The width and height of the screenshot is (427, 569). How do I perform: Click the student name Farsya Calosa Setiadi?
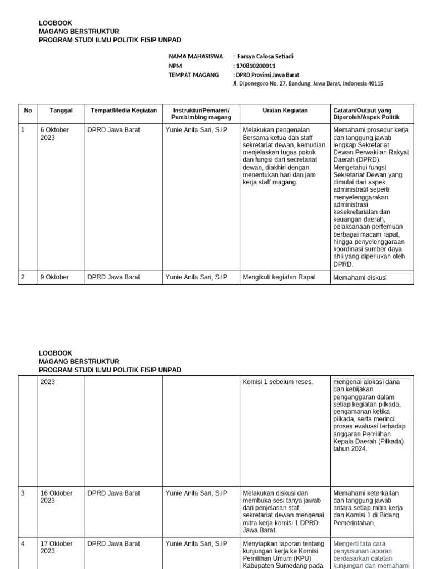pyautogui.click(x=264, y=57)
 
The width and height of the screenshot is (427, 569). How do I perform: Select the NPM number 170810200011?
pyautogui.click(x=254, y=66)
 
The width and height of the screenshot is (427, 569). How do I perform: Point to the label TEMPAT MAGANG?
pyautogui.click(x=194, y=74)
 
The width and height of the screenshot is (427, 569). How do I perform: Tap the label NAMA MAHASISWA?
pyautogui.click(x=196, y=57)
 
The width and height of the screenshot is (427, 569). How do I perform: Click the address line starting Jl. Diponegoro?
pyautogui.click(x=307, y=83)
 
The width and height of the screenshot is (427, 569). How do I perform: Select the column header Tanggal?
pyautogui.click(x=61, y=111)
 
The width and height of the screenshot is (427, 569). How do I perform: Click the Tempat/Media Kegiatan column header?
pyautogui.click(x=123, y=111)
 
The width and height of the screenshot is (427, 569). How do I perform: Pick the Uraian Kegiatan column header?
pyautogui.click(x=285, y=111)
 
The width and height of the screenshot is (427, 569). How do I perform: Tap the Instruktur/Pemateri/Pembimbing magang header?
pyautogui.click(x=201, y=114)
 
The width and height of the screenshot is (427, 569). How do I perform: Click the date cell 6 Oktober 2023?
pyautogui.click(x=54, y=134)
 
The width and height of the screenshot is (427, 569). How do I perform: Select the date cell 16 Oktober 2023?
pyautogui.click(x=56, y=497)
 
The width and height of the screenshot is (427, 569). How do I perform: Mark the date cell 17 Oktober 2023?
pyautogui.click(x=56, y=547)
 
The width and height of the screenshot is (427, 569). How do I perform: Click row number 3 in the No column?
pyautogui.click(x=23, y=493)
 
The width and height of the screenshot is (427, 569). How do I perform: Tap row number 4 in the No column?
pyautogui.click(x=23, y=544)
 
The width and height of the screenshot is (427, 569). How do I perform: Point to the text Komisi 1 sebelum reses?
pyautogui.click(x=277, y=382)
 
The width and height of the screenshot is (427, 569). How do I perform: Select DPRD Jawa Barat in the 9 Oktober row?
pyautogui.click(x=114, y=277)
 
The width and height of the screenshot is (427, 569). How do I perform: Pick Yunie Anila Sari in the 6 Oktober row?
pyautogui.click(x=196, y=130)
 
